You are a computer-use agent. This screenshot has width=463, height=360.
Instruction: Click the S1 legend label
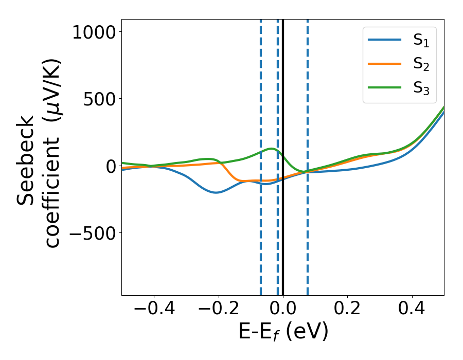click(421, 41)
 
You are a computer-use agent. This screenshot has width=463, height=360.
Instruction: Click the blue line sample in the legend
click(385, 40)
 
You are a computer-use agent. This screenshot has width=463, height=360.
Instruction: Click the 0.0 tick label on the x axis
click(283, 310)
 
